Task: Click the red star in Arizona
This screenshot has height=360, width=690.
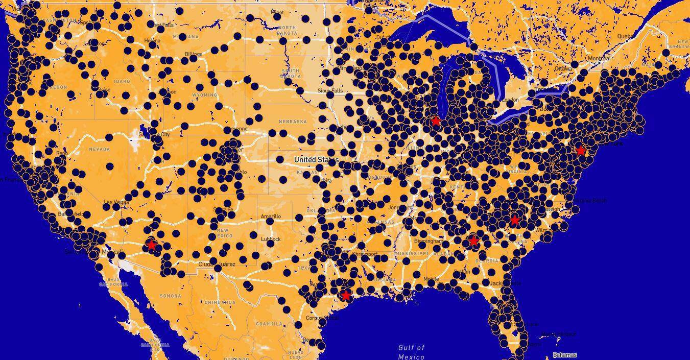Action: pyautogui.click(x=151, y=245)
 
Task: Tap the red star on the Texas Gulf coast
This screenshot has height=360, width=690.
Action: pyautogui.click(x=346, y=295)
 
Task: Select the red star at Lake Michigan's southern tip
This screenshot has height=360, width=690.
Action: pyautogui.click(x=436, y=121)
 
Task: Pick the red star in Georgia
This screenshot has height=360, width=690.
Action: pyautogui.click(x=473, y=241)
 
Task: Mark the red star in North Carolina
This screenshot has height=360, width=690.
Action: pyautogui.click(x=514, y=220)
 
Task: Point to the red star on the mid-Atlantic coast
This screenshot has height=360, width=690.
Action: pyautogui.click(x=580, y=151)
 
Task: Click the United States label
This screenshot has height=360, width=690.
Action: pyautogui.click(x=316, y=160)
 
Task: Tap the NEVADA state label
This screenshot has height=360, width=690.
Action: pyautogui.click(x=99, y=149)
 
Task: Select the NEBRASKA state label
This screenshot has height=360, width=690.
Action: pyautogui.click(x=293, y=122)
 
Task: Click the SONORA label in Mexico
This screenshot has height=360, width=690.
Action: pyautogui.click(x=170, y=296)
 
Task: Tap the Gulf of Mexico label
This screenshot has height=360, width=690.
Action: pyautogui.click(x=411, y=352)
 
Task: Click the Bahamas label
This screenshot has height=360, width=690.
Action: pyautogui.click(x=564, y=355)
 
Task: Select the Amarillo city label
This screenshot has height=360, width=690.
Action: pyautogui.click(x=271, y=217)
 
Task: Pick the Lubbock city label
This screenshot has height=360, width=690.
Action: pyautogui.click(x=270, y=239)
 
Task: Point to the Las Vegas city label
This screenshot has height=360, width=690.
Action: pyautogui.click(x=116, y=202)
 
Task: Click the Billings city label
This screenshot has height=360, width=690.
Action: pyautogui.click(x=194, y=54)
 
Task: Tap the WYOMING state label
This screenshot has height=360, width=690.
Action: pyautogui.click(x=205, y=95)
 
